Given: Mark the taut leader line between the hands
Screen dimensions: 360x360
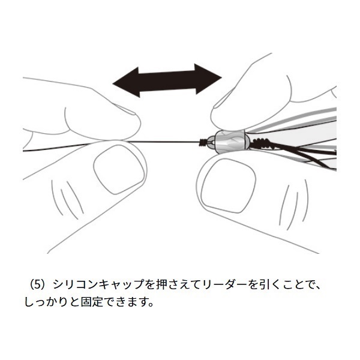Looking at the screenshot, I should pos(168,142).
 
